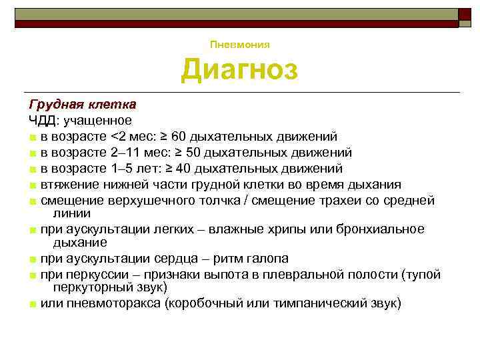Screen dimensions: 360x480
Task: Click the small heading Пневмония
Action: (x=240, y=45)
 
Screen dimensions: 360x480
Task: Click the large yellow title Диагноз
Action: (x=240, y=69)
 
